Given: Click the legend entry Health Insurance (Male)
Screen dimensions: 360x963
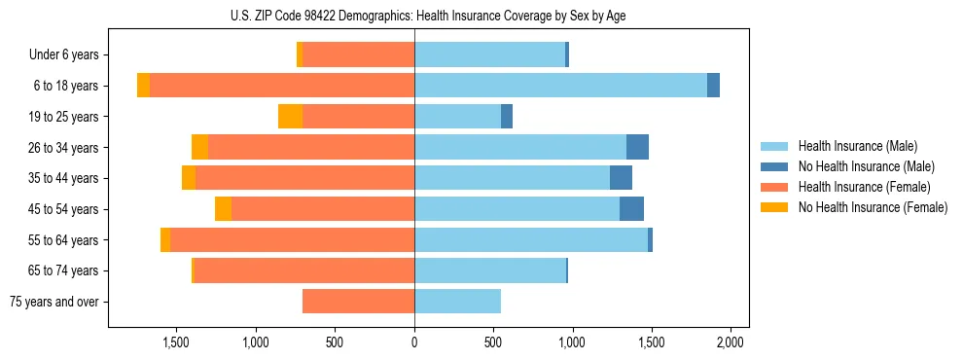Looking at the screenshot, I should [x=858, y=146].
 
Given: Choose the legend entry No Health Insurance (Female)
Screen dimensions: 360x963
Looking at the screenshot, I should [x=873, y=207].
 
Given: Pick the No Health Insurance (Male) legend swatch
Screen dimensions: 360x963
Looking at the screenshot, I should [x=775, y=166].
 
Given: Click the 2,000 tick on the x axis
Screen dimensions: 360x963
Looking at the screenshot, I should [x=731, y=343].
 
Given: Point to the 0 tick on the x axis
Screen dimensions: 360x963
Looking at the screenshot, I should [x=414, y=343].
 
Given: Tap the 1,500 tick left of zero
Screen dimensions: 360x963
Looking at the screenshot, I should [x=176, y=343].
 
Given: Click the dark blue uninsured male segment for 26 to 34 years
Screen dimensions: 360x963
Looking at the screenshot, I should [x=637, y=147].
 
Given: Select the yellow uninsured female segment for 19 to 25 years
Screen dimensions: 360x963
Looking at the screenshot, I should [x=290, y=117].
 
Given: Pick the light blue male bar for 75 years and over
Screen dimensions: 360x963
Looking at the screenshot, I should [x=457, y=302].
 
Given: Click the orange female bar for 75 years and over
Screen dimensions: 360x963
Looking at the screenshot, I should [x=358, y=302].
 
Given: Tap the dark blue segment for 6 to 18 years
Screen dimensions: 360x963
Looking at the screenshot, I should [x=713, y=86].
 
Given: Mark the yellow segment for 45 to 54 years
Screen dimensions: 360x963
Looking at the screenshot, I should [x=223, y=209].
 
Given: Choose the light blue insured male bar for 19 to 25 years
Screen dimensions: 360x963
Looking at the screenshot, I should [x=457, y=117].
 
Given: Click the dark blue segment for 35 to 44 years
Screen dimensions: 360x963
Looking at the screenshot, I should [x=621, y=178].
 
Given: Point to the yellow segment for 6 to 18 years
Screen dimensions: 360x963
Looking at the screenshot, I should [x=143, y=86].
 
